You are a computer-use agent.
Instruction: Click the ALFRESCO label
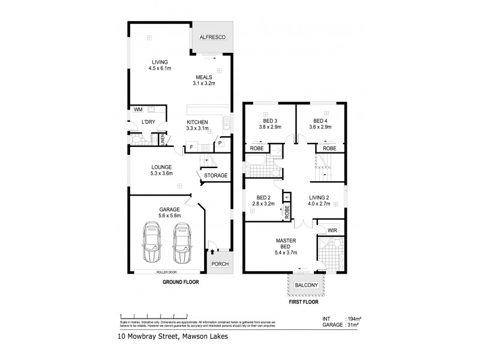click(x=212, y=38)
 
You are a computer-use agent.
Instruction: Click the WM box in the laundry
click(x=138, y=110)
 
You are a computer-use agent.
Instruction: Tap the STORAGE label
click(x=215, y=176)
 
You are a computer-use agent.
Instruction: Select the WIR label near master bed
click(x=332, y=230)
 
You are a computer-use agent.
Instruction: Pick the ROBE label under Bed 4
click(x=329, y=148)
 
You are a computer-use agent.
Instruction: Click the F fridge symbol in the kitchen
click(x=191, y=147)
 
